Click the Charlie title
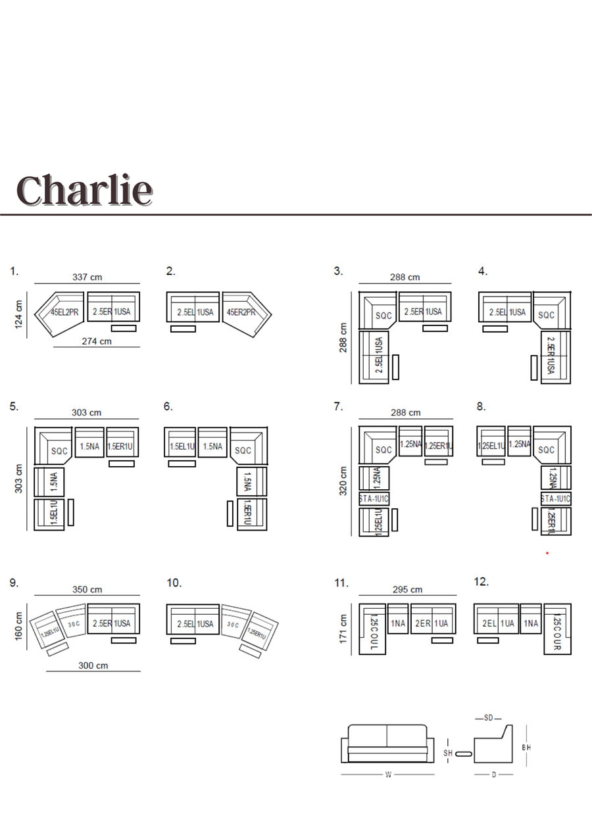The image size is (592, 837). [x=84, y=191]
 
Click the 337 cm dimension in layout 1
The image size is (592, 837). [x=87, y=277]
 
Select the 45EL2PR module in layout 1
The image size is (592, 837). [x=64, y=312]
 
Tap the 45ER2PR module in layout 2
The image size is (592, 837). [x=241, y=312]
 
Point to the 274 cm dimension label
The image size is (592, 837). [x=97, y=341]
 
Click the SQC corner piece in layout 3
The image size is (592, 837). [x=383, y=316]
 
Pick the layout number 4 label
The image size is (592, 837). [x=482, y=271]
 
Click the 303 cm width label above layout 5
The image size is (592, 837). [x=87, y=413]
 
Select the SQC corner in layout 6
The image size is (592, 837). [x=243, y=450]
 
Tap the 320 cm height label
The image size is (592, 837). [x=343, y=481]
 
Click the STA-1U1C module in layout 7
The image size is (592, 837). [x=374, y=498]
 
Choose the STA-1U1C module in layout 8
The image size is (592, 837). [x=556, y=498]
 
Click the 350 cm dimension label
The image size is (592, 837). [x=87, y=590]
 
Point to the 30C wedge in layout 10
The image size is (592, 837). [x=233, y=623]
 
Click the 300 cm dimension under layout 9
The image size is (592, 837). [x=93, y=665]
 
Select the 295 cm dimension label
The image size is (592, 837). [x=407, y=590]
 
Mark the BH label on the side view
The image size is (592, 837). [x=526, y=748]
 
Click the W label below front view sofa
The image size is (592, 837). [x=388, y=775]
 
